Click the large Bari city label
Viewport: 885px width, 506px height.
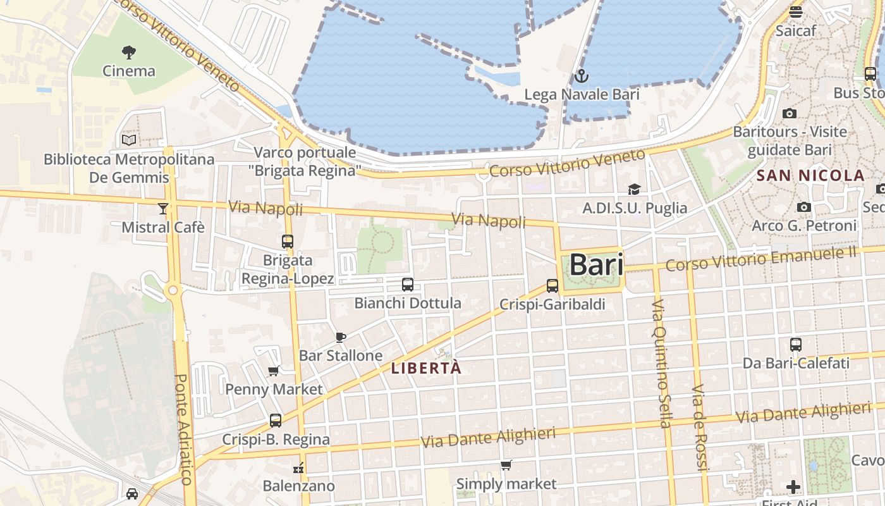click(x=597, y=264)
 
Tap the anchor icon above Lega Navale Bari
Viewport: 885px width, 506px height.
click(x=581, y=77)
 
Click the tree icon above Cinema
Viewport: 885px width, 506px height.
click(x=129, y=52)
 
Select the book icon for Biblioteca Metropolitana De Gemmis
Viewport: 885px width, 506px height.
click(x=129, y=140)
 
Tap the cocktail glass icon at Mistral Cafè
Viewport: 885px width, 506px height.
click(x=163, y=208)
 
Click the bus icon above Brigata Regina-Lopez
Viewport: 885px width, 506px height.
click(x=288, y=241)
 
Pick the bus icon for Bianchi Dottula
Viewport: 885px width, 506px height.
click(x=408, y=284)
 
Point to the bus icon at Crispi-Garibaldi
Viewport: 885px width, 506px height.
click(x=552, y=285)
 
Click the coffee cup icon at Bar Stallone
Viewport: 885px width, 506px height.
click(x=341, y=337)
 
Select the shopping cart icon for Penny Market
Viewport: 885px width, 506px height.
click(x=274, y=371)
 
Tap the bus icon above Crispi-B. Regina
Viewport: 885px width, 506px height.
click(x=276, y=420)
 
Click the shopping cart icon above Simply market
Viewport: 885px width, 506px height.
click(x=506, y=466)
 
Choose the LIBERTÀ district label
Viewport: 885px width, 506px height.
click(x=426, y=368)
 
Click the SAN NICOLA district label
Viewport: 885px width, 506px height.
click(x=810, y=176)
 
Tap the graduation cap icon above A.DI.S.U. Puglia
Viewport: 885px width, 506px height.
click(x=634, y=189)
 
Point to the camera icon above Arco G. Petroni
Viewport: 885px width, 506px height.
click(x=804, y=207)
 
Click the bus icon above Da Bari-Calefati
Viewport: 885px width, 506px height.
click(x=796, y=345)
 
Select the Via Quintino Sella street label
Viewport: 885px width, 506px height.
click(x=662, y=364)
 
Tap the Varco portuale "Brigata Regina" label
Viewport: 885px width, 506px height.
click(x=306, y=161)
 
